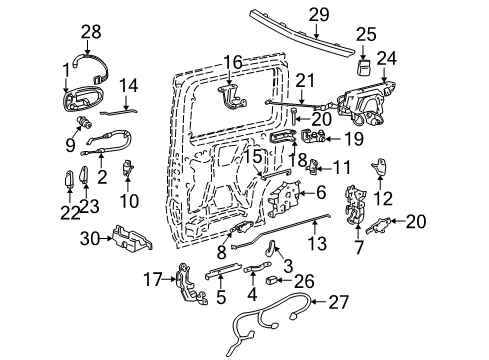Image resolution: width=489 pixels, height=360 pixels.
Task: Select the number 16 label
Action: point(233,63)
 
